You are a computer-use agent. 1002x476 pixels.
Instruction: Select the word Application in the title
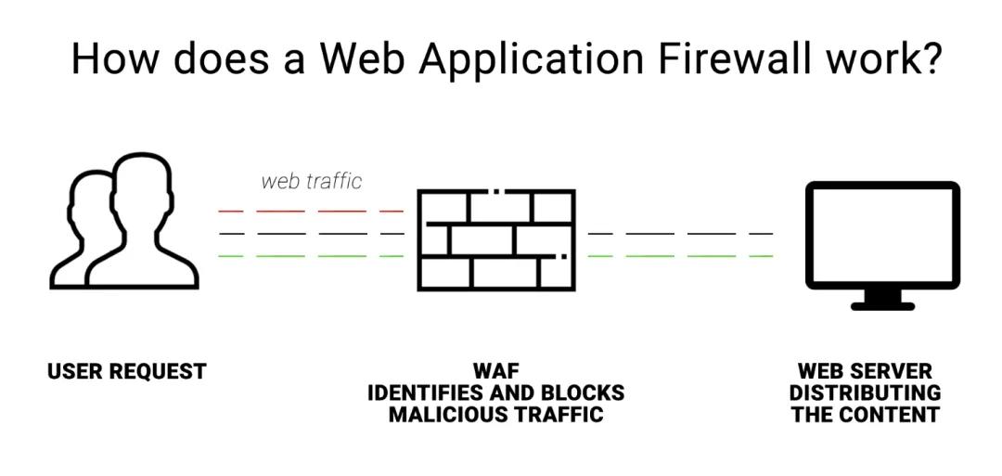point(530,60)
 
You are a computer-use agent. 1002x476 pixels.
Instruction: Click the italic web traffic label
point(311,180)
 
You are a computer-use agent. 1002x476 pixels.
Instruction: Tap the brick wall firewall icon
point(495,239)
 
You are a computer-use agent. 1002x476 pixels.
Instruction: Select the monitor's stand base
point(882,303)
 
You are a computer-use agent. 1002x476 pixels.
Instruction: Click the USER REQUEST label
point(126,372)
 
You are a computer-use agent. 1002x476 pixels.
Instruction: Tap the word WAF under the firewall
point(495,372)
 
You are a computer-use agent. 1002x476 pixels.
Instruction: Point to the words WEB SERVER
point(865,372)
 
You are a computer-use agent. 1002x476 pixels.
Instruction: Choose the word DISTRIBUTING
point(865,393)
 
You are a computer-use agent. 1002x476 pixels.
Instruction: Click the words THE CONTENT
point(865,415)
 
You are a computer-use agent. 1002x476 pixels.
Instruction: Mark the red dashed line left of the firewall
point(311,212)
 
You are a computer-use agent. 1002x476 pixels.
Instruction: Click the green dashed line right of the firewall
point(680,255)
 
